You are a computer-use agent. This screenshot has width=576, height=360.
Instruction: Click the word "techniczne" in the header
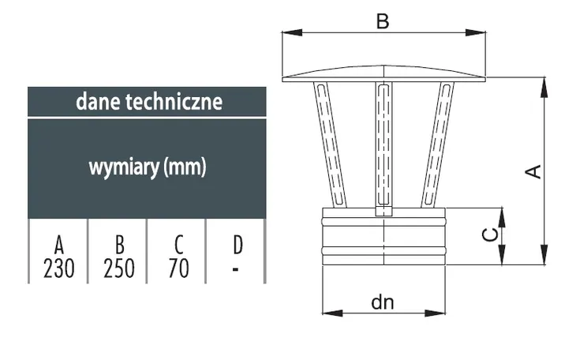174,102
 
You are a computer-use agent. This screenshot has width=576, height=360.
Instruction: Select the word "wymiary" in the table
124,167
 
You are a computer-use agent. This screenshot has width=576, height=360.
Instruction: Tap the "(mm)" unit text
185,167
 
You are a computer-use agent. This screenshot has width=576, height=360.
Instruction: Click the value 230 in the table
58,268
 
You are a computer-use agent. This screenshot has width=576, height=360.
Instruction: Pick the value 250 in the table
118,268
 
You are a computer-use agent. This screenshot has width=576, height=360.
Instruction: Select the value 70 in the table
178,268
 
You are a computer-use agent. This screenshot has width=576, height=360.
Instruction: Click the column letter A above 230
58,245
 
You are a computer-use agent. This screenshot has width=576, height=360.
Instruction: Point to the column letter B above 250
120,245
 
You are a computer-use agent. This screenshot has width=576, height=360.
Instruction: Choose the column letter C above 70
179,245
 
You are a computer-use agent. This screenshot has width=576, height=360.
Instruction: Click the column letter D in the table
238,245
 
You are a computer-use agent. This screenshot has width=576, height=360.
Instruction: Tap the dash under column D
236,269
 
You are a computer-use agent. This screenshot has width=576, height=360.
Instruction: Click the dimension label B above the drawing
383,21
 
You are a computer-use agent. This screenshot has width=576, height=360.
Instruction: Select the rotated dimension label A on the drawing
533,172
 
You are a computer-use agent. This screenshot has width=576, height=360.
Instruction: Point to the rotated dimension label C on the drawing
491,234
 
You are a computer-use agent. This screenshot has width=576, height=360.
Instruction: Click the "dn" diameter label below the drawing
383,302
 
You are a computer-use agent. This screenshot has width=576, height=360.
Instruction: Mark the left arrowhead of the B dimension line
292,32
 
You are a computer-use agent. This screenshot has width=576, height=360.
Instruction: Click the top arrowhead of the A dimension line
544,88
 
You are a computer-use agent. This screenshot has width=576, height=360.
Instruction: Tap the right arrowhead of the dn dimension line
435,313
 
